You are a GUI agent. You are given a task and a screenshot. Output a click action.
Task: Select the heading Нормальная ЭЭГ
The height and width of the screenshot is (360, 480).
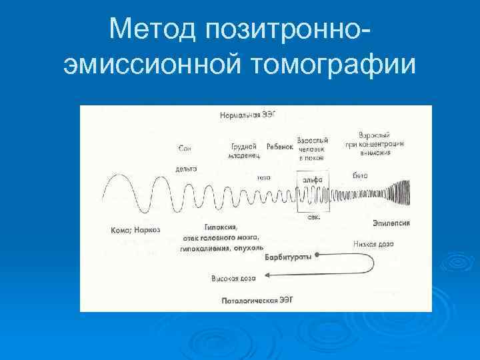(247, 115)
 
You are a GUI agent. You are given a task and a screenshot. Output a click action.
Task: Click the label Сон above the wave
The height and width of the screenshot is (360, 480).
(186, 147)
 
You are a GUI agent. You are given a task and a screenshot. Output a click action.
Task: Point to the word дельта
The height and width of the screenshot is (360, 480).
(186, 169)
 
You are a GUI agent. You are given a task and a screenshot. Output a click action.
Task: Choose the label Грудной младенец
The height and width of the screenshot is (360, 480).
(245, 151)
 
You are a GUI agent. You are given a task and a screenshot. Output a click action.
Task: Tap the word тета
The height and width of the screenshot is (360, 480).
(263, 178)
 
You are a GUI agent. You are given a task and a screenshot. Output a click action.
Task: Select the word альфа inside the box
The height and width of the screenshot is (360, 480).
(312, 179)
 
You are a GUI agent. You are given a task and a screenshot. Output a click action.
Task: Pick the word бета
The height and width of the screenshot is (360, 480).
(360, 175)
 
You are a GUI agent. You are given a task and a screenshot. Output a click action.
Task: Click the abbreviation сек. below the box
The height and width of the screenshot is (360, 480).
(312, 217)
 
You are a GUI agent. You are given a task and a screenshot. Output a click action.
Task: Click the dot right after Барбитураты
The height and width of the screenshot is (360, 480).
(317, 255)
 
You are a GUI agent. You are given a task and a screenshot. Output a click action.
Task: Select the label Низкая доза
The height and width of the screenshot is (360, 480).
(373, 244)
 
